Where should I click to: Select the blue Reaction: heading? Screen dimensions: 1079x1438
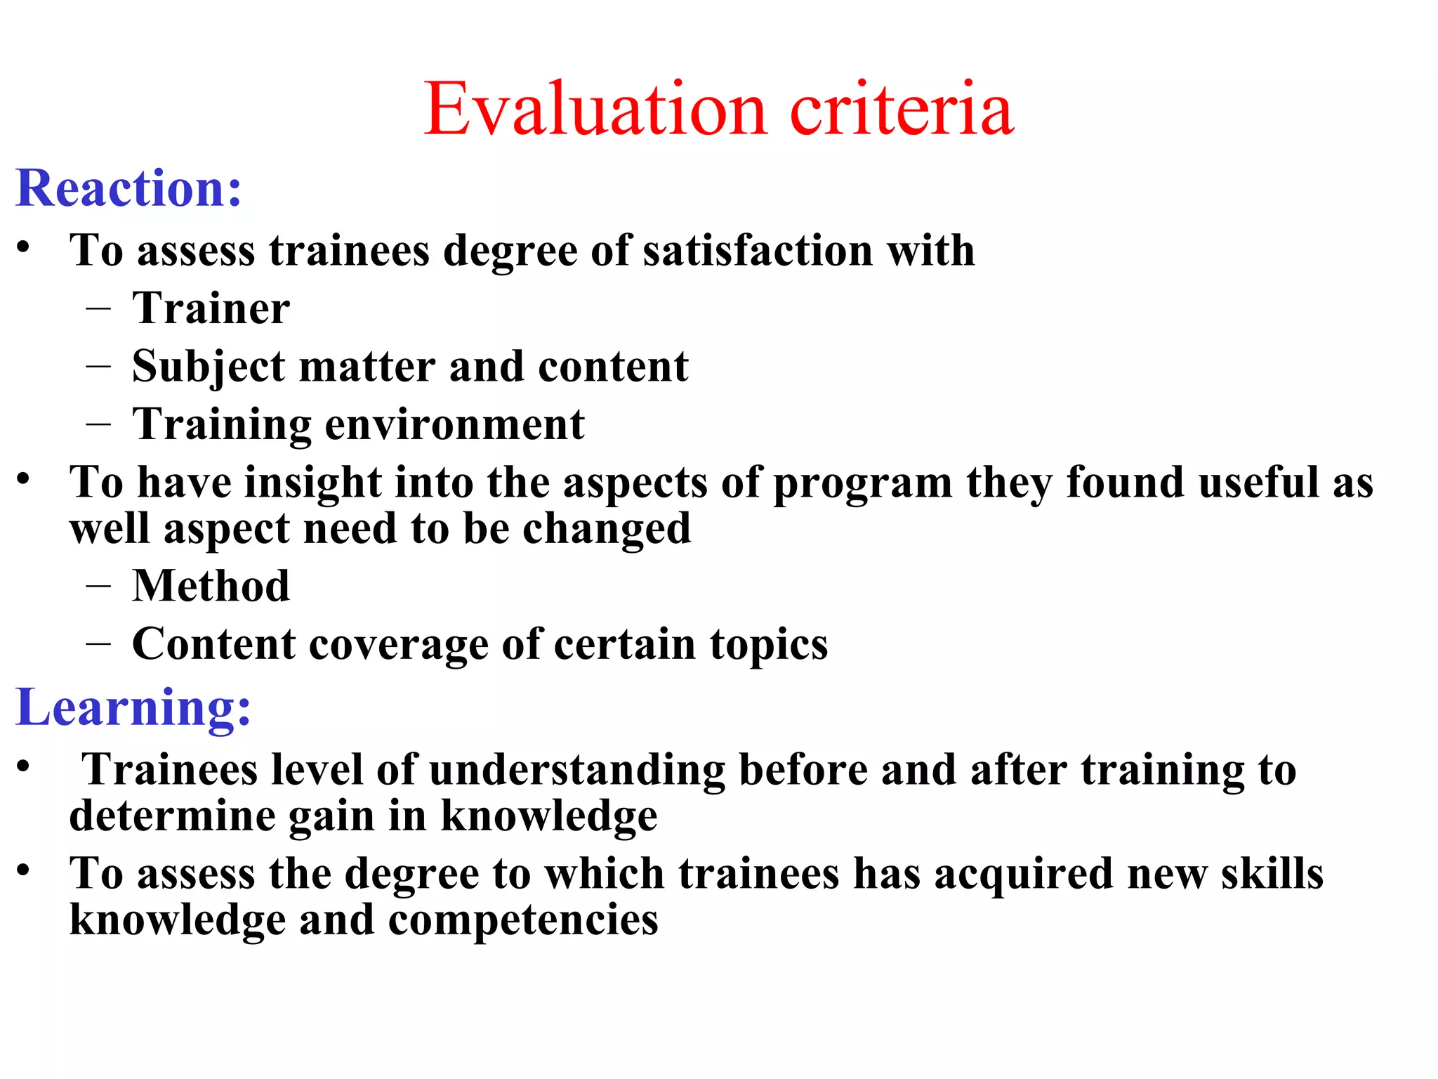pos(129,188)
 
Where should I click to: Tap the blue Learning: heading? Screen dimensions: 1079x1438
pos(133,707)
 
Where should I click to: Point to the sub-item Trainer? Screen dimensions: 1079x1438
pos(211,308)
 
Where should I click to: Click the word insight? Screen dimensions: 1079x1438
pos(312,483)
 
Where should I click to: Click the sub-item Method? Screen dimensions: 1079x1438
pos(211,586)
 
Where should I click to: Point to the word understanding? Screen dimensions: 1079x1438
pos(577,770)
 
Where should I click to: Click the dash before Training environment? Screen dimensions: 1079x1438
pos(99,424)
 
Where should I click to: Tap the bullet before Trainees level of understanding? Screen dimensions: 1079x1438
pos(24,766)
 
